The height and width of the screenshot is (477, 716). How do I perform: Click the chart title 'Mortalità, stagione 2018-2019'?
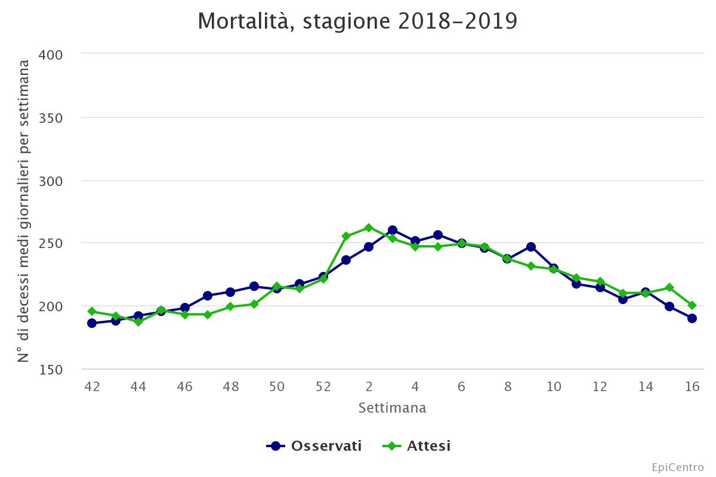[x=357, y=21]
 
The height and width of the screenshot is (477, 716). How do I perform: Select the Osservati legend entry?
[x=314, y=446]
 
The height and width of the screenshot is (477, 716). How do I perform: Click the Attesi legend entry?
[x=417, y=446]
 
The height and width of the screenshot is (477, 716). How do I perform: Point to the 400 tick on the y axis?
[x=51, y=54]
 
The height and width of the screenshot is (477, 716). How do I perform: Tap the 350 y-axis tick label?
[x=51, y=117]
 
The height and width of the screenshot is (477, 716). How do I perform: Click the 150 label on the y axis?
[x=51, y=370]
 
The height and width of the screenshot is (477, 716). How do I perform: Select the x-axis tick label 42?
[x=92, y=386]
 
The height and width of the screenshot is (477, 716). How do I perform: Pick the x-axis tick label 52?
[x=323, y=386]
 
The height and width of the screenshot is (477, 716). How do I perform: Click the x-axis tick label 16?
[x=692, y=386]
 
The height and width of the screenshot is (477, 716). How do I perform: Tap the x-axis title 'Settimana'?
[x=392, y=408]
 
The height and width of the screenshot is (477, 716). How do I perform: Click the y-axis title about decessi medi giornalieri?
[x=24, y=212]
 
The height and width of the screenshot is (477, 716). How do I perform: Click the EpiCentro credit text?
[x=677, y=467]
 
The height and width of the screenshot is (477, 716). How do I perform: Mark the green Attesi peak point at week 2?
[x=369, y=228]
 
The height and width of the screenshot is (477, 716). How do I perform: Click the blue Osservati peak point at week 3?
[x=392, y=230]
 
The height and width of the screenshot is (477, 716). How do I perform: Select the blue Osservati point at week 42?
[x=92, y=323]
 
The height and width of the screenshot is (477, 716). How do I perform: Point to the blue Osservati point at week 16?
[x=692, y=318]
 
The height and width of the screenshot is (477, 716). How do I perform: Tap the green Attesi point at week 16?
[x=692, y=305]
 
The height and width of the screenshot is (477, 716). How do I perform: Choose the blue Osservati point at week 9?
[x=530, y=247]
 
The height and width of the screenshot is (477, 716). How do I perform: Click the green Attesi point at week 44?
[x=138, y=322]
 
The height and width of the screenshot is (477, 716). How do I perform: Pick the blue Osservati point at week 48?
[x=230, y=292]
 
